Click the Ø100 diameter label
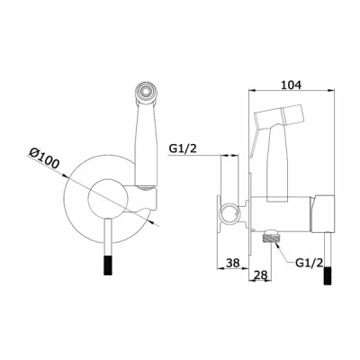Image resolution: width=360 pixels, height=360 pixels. tap(44, 158)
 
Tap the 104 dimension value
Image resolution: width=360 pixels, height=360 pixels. tap(291, 85)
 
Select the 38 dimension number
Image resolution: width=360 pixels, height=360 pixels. tap(233, 263)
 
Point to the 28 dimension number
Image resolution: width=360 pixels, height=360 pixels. tap(261, 274)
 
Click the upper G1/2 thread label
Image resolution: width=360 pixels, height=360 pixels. tap(183, 148)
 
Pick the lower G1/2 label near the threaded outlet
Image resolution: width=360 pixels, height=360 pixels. tap(309, 263)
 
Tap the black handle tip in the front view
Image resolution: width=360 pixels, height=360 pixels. tap(108, 265)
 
